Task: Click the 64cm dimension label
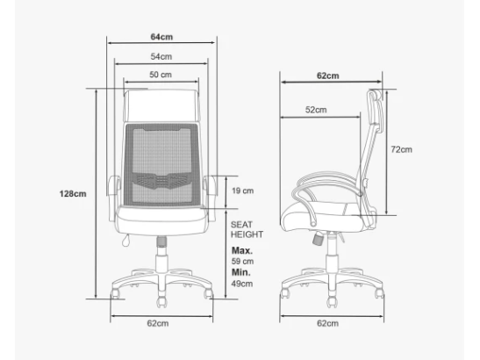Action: coord(161,37)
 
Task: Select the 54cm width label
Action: coord(161,57)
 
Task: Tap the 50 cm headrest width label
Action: coord(161,75)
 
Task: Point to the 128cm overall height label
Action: coord(73,194)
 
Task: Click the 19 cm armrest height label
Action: coord(243,191)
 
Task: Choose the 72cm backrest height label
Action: coord(401,149)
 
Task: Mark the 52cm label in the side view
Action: coord(316,110)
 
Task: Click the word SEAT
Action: coord(241,225)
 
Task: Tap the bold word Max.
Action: coord(242,250)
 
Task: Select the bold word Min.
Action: coord(241,272)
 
